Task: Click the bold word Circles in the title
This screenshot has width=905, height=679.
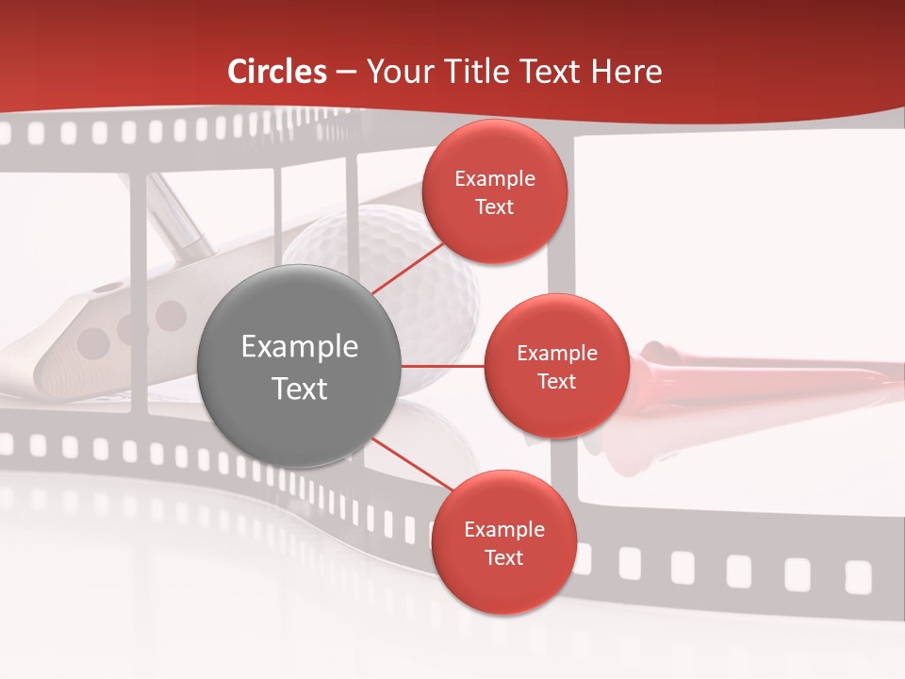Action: (x=277, y=72)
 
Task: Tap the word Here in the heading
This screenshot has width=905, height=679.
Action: (x=627, y=72)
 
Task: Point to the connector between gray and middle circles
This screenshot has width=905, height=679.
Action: (x=443, y=365)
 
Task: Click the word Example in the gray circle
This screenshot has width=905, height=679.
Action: (x=300, y=347)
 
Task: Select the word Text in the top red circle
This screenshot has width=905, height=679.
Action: (x=494, y=207)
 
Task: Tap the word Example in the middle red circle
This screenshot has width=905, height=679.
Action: (x=556, y=354)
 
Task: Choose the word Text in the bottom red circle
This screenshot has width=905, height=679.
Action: (x=503, y=558)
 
